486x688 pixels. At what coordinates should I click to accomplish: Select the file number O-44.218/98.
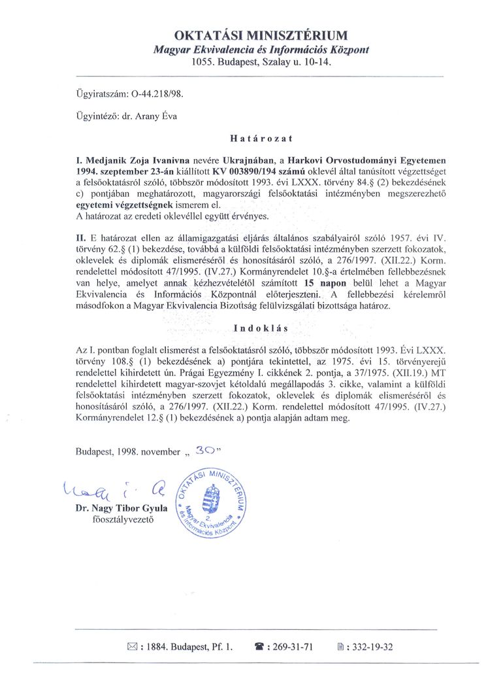[157, 94]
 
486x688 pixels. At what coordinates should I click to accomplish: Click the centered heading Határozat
[261, 138]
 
